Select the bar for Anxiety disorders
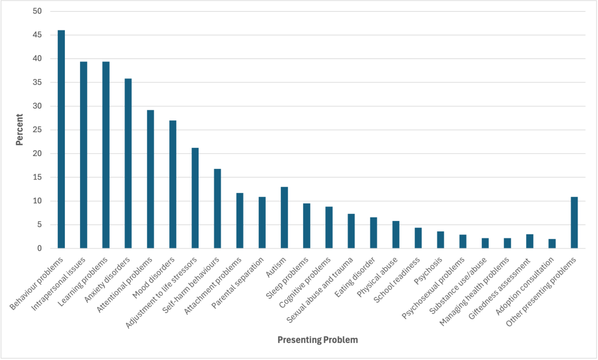[128, 163]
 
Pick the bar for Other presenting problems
[574, 223]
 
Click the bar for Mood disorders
[172, 184]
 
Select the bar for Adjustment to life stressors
[195, 198]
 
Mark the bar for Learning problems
[106, 155]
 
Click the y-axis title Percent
[19, 130]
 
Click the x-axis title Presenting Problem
[317, 340]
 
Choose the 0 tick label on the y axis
[39, 248]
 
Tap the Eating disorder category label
[356, 272]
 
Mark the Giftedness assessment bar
[530, 241]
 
